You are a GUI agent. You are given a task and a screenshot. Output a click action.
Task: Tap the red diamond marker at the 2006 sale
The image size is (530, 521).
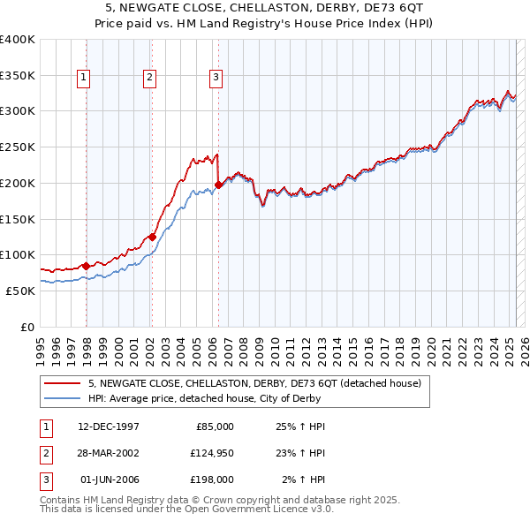click(218, 185)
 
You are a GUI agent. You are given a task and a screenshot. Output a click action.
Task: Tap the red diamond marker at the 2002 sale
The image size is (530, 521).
click(152, 237)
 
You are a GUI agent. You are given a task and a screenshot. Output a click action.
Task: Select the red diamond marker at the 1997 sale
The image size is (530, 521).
click(86, 265)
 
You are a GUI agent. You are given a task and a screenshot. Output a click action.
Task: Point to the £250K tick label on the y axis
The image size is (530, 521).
click(17, 147)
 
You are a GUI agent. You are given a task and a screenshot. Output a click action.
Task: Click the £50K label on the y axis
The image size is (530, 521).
click(20, 291)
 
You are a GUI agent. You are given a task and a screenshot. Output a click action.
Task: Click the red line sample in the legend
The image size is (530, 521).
click(62, 383)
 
